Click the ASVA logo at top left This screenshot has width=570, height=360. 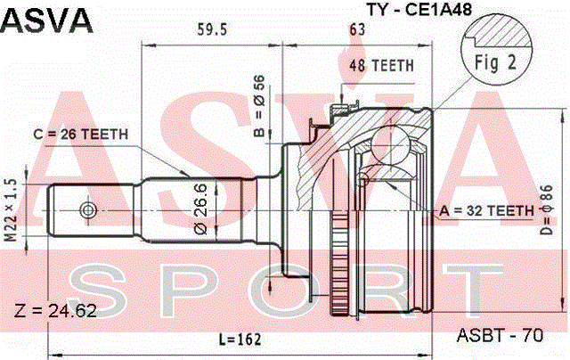pyautogui.click(x=47, y=20)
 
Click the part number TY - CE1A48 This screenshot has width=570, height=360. pyautogui.click(x=419, y=9)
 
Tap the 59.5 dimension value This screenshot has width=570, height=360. pyautogui.click(x=212, y=29)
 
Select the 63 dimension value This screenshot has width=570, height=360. pyautogui.click(x=357, y=29)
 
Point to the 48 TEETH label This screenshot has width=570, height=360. pyautogui.click(x=382, y=66)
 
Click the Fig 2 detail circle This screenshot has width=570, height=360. pyautogui.click(x=496, y=49)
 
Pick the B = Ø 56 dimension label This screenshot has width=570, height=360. pyautogui.click(x=259, y=105)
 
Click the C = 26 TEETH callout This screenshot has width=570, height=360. pyautogui.click(x=81, y=135)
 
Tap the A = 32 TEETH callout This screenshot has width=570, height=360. pyautogui.click(x=486, y=210)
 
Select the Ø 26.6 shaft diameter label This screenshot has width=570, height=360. pyautogui.click(x=201, y=209)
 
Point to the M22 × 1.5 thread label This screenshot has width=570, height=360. pyautogui.click(x=11, y=210)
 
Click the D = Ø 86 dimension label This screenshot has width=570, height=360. pyautogui.click(x=546, y=209)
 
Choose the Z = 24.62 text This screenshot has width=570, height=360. pyautogui.click(x=55, y=311)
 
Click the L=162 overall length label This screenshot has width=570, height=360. pyautogui.click(x=240, y=340)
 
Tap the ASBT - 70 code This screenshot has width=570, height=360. pyautogui.click(x=500, y=335)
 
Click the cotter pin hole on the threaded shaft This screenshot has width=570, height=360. pyautogui.click(x=87, y=210)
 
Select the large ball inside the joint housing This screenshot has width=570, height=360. pyautogui.click(x=391, y=144)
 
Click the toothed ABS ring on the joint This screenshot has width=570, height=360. pyautogui.click(x=339, y=265)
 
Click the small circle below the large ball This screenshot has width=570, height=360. pyautogui.click(x=363, y=178)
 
